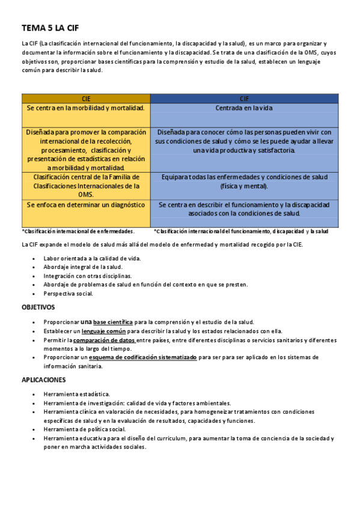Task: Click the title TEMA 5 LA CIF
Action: pos(50,28)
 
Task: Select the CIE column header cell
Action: pos(86,99)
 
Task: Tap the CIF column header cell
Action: pos(244,99)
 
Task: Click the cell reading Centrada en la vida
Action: pos(244,108)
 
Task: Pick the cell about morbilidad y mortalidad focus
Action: pos(86,108)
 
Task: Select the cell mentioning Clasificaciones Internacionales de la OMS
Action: pos(86,186)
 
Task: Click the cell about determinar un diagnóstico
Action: pos(86,204)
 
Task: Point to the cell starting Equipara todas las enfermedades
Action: pos(244,182)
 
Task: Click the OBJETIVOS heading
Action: pos(38,307)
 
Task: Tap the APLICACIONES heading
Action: pos(44,379)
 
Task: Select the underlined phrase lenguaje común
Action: pos(103,331)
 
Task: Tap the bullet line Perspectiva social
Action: pos(69,293)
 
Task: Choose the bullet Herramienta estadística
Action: pos(76,394)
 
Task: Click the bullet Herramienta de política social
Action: pos(84,429)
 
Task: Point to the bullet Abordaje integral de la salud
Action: pos(83,267)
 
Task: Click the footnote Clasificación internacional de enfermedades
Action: pos(78,231)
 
